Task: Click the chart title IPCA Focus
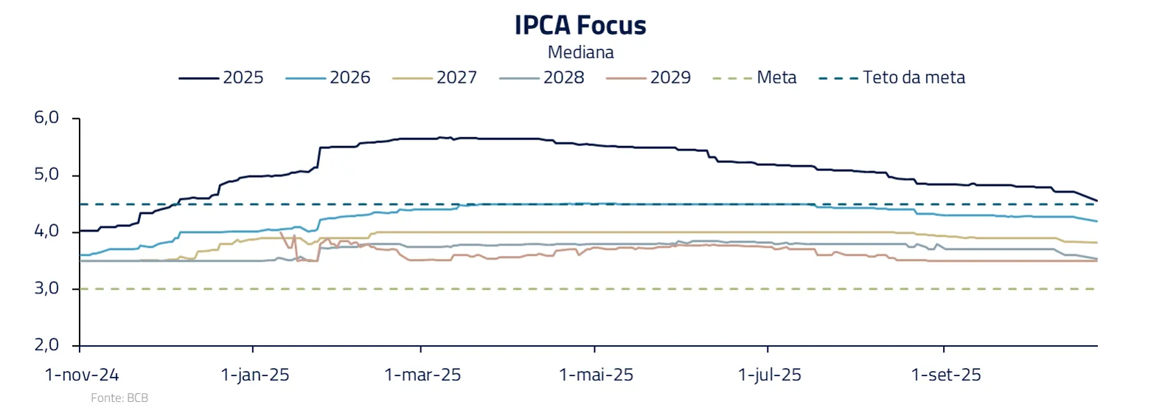(580, 26)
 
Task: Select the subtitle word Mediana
(580, 52)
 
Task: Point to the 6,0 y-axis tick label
(46, 118)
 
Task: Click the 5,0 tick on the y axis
(46, 175)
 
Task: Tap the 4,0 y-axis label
(46, 232)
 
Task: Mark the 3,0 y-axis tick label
(46, 288)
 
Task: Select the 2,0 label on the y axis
(46, 345)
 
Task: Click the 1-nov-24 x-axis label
(82, 375)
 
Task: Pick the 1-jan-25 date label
(255, 375)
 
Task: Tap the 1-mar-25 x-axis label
(422, 375)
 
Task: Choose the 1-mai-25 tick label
(596, 375)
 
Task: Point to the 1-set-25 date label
(946, 375)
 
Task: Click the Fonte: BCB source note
(119, 398)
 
